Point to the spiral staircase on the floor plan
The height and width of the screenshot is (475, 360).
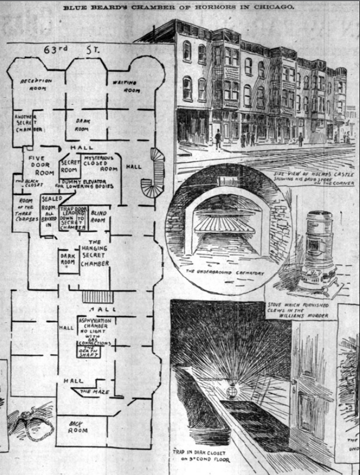pyautogui.click(x=151, y=174)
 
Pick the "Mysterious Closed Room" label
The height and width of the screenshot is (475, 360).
pyautogui.click(x=101, y=164)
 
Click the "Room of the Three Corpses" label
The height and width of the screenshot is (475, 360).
pyautogui.click(x=25, y=210)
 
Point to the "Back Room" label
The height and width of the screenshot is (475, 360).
pyautogui.click(x=78, y=427)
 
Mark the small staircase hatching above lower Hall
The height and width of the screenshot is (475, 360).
pyautogui.click(x=97, y=297)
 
